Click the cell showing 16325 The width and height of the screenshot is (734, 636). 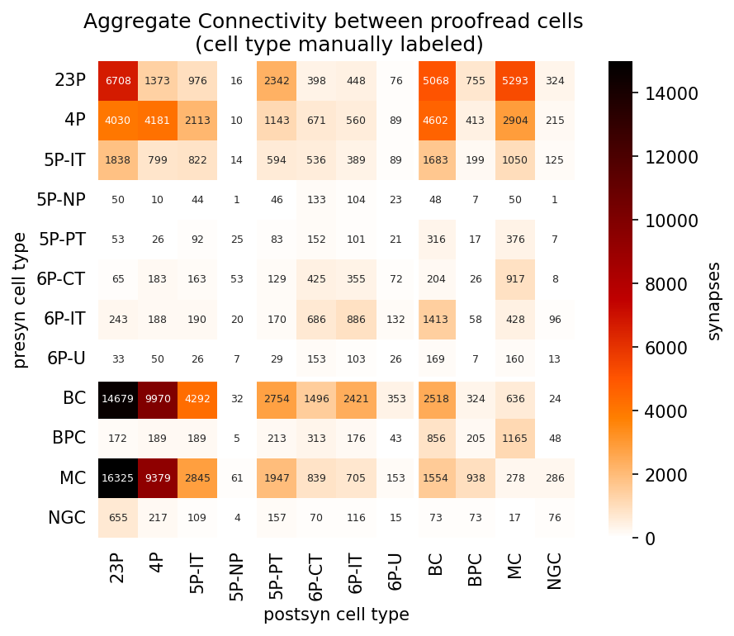118,478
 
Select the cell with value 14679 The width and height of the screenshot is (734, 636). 118,399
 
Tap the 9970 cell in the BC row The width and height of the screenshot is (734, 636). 158,399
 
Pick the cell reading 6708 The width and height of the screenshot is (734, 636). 118,81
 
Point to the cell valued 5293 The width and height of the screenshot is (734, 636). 515,81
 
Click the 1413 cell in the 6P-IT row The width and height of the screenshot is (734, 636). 436,320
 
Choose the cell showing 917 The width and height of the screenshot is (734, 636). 515,279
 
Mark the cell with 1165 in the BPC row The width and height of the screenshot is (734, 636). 515,439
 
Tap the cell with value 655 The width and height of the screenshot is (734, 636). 118,518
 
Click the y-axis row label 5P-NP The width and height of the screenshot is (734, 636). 61,200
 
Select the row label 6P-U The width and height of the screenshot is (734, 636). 67,358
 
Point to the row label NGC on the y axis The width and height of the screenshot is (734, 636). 67,518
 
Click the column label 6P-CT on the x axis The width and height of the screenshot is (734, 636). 316,577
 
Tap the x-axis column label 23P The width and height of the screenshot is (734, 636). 117,568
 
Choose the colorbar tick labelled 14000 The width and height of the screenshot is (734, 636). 671,93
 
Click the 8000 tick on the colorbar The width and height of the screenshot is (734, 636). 665,284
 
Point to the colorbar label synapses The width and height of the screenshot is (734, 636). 714,301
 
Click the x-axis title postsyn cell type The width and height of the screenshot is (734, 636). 336,615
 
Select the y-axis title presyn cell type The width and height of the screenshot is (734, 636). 19,301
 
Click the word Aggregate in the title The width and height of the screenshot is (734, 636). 137,22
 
